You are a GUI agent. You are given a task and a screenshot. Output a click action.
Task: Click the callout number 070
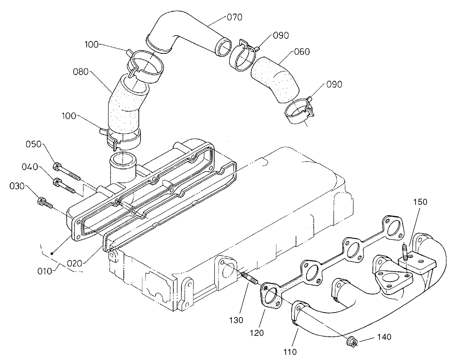tap(234, 18)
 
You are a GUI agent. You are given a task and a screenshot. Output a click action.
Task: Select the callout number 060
tap(302, 51)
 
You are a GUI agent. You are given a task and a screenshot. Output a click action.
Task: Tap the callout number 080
tap(81, 72)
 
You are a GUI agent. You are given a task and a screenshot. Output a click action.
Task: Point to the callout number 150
tap(420, 202)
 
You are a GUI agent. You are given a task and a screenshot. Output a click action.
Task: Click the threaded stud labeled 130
tap(248, 278)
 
